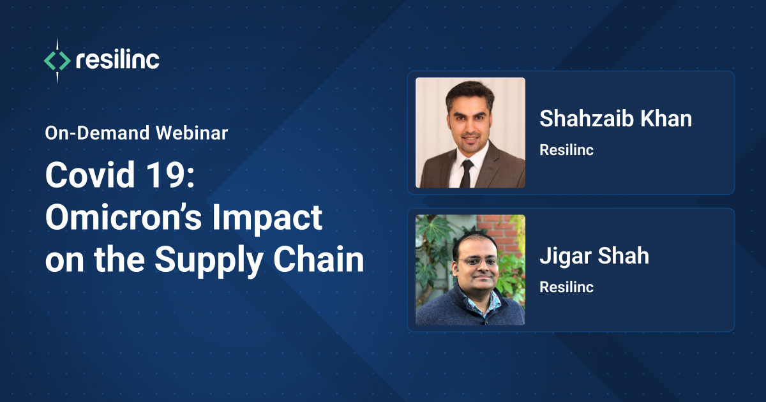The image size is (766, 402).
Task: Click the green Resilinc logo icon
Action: coord(57,61)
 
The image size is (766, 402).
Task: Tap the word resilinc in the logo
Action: coord(117,61)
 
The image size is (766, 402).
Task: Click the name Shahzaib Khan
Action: coord(615,119)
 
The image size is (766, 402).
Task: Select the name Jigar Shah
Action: coord(594,256)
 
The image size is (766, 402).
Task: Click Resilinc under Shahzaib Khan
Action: coord(566,151)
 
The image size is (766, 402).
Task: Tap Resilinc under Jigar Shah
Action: coord(566,287)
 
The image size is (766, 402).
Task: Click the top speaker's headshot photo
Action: coord(470,133)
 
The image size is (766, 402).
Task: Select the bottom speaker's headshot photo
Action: coord(470,270)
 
